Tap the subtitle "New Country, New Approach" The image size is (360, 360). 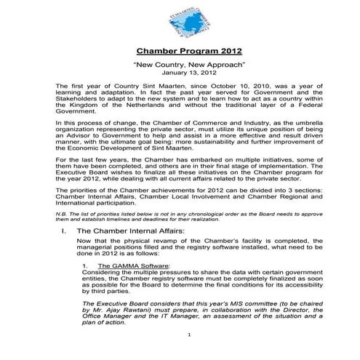click(187, 65)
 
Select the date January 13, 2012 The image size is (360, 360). click(187, 73)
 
